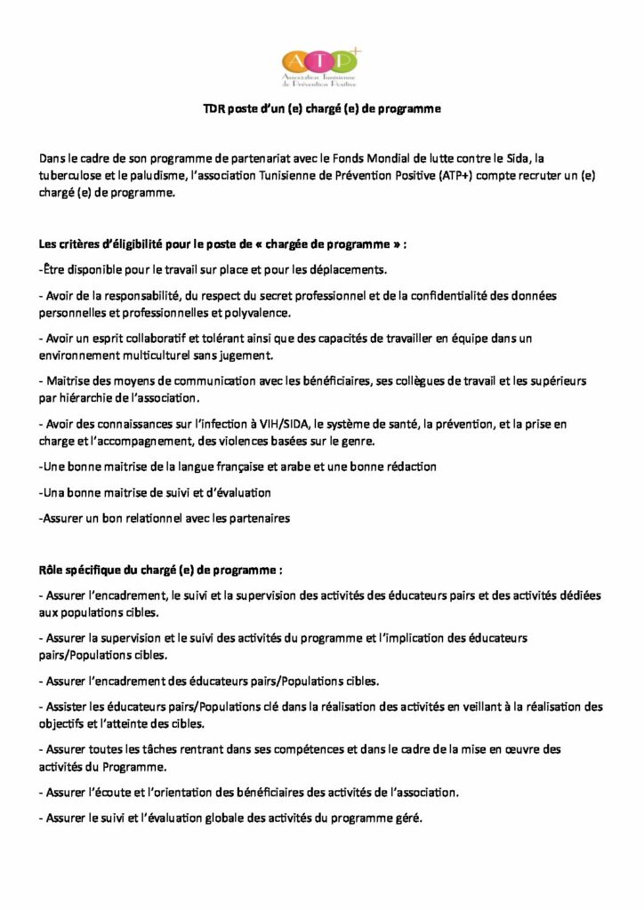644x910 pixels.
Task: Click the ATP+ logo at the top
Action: pyautogui.click(x=321, y=65)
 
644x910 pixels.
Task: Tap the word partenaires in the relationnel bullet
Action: pyautogui.click(x=260, y=517)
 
